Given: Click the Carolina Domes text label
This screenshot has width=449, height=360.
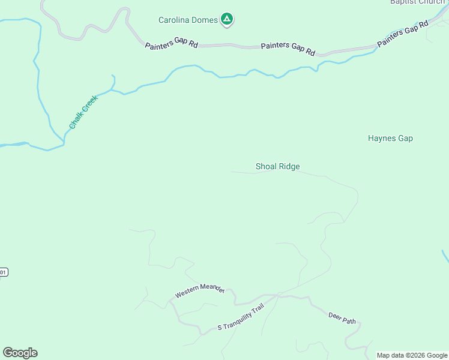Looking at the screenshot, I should [x=188, y=20].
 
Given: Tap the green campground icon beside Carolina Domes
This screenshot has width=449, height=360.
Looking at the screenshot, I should [x=227, y=20].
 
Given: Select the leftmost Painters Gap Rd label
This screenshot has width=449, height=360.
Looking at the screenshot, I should [x=171, y=46].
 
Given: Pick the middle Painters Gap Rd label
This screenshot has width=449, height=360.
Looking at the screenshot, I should [x=288, y=49].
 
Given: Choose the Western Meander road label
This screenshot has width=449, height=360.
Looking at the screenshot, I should [x=199, y=292].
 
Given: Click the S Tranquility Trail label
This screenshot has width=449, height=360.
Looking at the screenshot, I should [x=240, y=323].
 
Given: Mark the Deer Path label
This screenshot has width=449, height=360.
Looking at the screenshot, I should [x=342, y=317].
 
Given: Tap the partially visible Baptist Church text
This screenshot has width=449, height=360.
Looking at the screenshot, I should [x=417, y=2].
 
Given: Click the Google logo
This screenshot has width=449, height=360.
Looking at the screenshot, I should [x=20, y=353].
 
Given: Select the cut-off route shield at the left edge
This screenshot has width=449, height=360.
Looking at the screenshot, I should [x=3, y=272].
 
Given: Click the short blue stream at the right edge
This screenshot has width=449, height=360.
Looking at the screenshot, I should [x=445, y=256].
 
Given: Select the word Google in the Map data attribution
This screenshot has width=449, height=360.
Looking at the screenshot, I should [x=438, y=355].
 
